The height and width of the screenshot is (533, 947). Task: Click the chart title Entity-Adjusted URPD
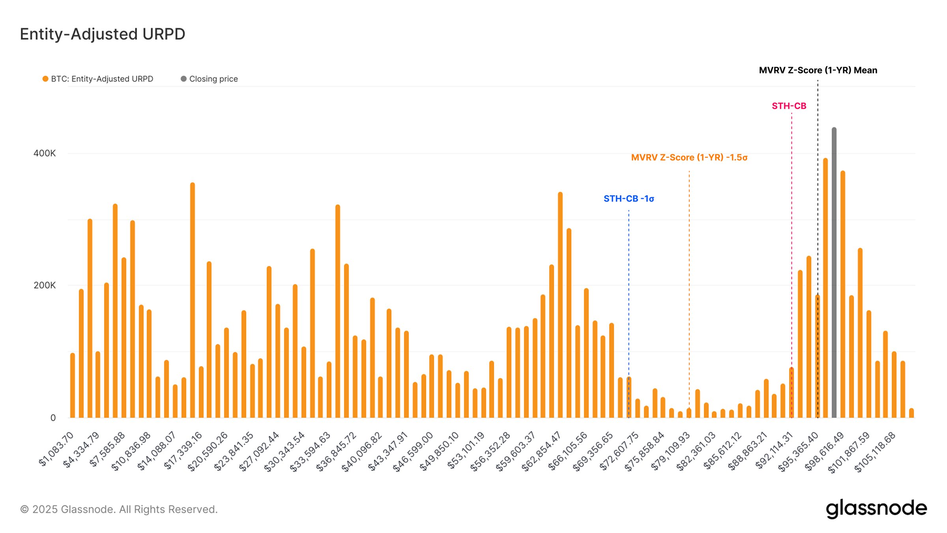click(103, 34)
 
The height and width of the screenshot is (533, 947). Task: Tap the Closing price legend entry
click(210, 79)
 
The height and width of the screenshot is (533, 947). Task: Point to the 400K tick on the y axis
click(45, 153)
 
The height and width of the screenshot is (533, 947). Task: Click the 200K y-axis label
click(45, 285)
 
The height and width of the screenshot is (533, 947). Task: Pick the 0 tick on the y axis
click(53, 418)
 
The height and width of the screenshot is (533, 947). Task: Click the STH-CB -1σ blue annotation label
click(629, 199)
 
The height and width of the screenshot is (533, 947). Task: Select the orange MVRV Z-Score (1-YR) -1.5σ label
click(689, 157)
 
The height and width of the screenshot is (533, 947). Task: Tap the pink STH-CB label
click(789, 106)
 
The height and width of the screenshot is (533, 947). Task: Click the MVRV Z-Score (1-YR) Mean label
click(818, 70)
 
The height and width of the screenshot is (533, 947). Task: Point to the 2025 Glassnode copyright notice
click(119, 509)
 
